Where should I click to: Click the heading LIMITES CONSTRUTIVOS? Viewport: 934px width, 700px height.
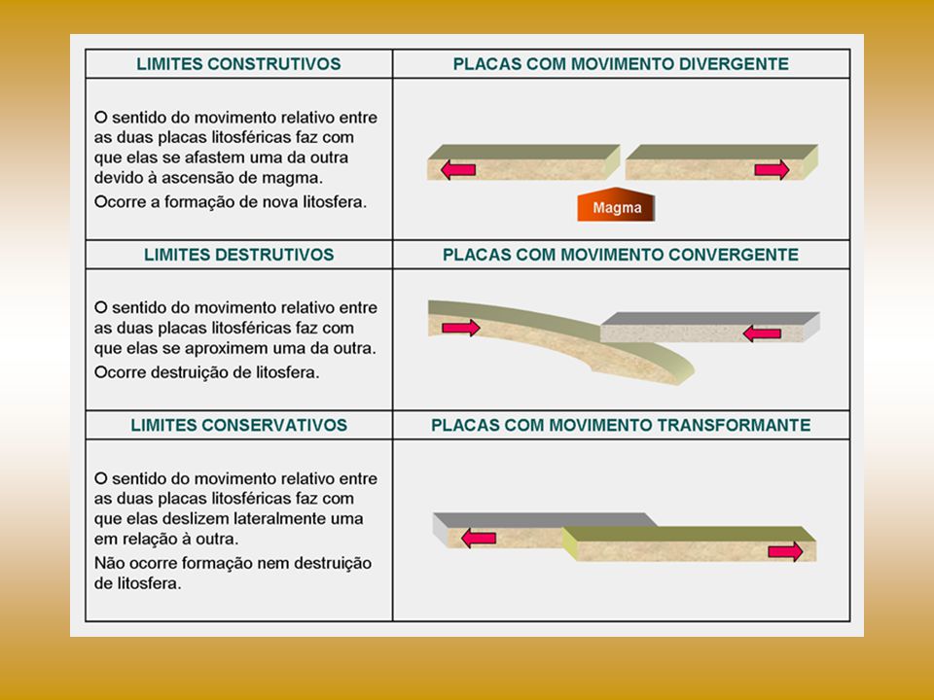pos(238,64)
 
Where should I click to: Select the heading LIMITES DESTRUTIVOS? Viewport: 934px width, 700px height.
pos(238,254)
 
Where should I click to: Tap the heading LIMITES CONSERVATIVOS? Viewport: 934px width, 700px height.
pos(239,425)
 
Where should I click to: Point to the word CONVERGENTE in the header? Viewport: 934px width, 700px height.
pos(734,254)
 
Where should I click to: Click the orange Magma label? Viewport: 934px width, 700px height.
pos(617,205)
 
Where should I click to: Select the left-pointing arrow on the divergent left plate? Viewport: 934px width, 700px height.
pos(458,170)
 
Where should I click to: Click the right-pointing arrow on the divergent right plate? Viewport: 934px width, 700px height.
pos(772,170)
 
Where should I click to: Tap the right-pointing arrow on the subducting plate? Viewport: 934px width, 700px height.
pos(461,328)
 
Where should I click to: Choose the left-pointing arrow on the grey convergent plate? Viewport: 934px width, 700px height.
pos(763,333)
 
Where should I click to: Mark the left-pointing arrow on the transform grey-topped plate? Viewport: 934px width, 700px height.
pos(479,538)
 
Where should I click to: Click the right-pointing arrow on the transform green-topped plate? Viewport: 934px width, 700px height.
pos(786,551)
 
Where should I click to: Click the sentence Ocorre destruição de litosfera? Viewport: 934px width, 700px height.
pos(206,372)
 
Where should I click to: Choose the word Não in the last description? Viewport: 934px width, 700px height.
pos(109,563)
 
